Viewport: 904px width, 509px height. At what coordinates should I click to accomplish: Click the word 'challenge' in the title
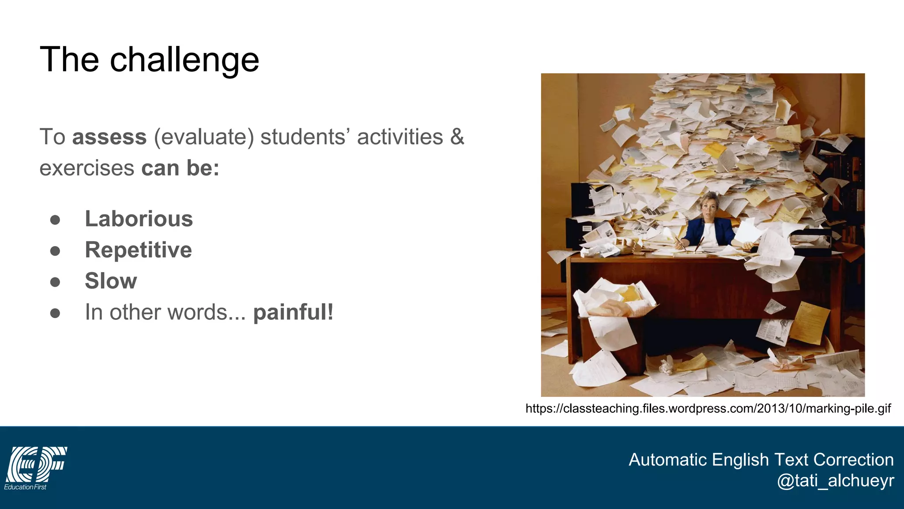[x=184, y=60]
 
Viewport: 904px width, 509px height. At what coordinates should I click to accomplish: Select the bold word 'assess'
[x=109, y=137]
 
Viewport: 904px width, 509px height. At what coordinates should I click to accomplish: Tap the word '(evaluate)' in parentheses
[x=204, y=137]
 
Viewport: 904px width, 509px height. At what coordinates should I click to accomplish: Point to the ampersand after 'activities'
[x=457, y=137]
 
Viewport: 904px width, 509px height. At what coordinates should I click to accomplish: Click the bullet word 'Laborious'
[x=139, y=219]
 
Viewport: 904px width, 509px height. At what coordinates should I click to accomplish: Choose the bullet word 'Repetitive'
[x=138, y=250]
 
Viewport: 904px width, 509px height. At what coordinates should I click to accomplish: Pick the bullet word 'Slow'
[x=111, y=281]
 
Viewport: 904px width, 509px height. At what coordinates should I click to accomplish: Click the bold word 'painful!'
[x=293, y=312]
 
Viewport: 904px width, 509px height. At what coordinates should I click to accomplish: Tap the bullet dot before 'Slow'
[x=55, y=282]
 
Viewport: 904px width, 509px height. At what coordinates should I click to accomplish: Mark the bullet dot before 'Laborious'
[x=55, y=220]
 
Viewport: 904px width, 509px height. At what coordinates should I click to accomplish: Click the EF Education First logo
[x=35, y=467]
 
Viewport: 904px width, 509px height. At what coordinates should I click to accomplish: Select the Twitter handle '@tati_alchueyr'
[x=835, y=481]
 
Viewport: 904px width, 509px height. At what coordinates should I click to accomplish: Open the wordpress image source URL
[x=708, y=408]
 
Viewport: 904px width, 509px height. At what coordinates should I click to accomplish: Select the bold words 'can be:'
[x=180, y=168]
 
